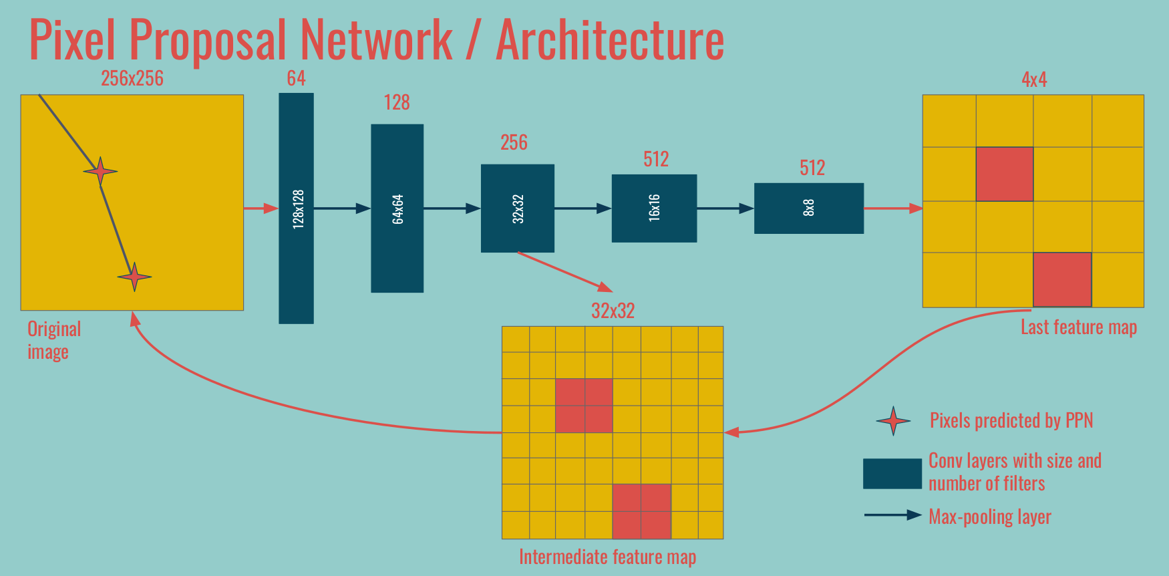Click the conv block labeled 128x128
(296, 208)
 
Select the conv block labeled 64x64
(397, 208)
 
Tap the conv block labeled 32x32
(517, 208)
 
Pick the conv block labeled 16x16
(654, 208)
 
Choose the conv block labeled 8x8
(808, 208)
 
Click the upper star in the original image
(100, 172)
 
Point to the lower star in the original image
(134, 277)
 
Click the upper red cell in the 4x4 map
(1004, 174)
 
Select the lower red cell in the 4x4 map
(1062, 279)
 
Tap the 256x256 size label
(132, 79)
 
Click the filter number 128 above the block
(397, 103)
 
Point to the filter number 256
(514, 143)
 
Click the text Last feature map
(1078, 327)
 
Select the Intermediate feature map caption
(607, 557)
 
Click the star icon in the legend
(893, 421)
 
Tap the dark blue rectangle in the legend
(892, 473)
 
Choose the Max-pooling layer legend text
(989, 517)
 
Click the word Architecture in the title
(609, 40)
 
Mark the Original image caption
(53, 340)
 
